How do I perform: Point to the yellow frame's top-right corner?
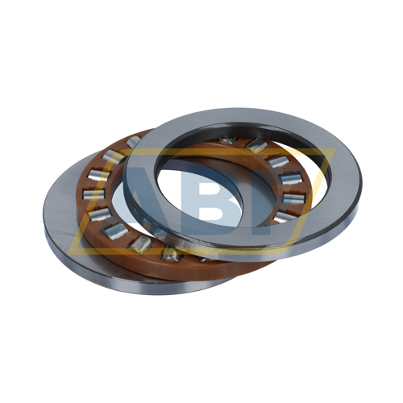click(335, 148)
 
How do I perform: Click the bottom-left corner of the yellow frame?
click(69, 254)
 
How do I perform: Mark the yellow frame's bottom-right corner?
click(291, 254)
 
